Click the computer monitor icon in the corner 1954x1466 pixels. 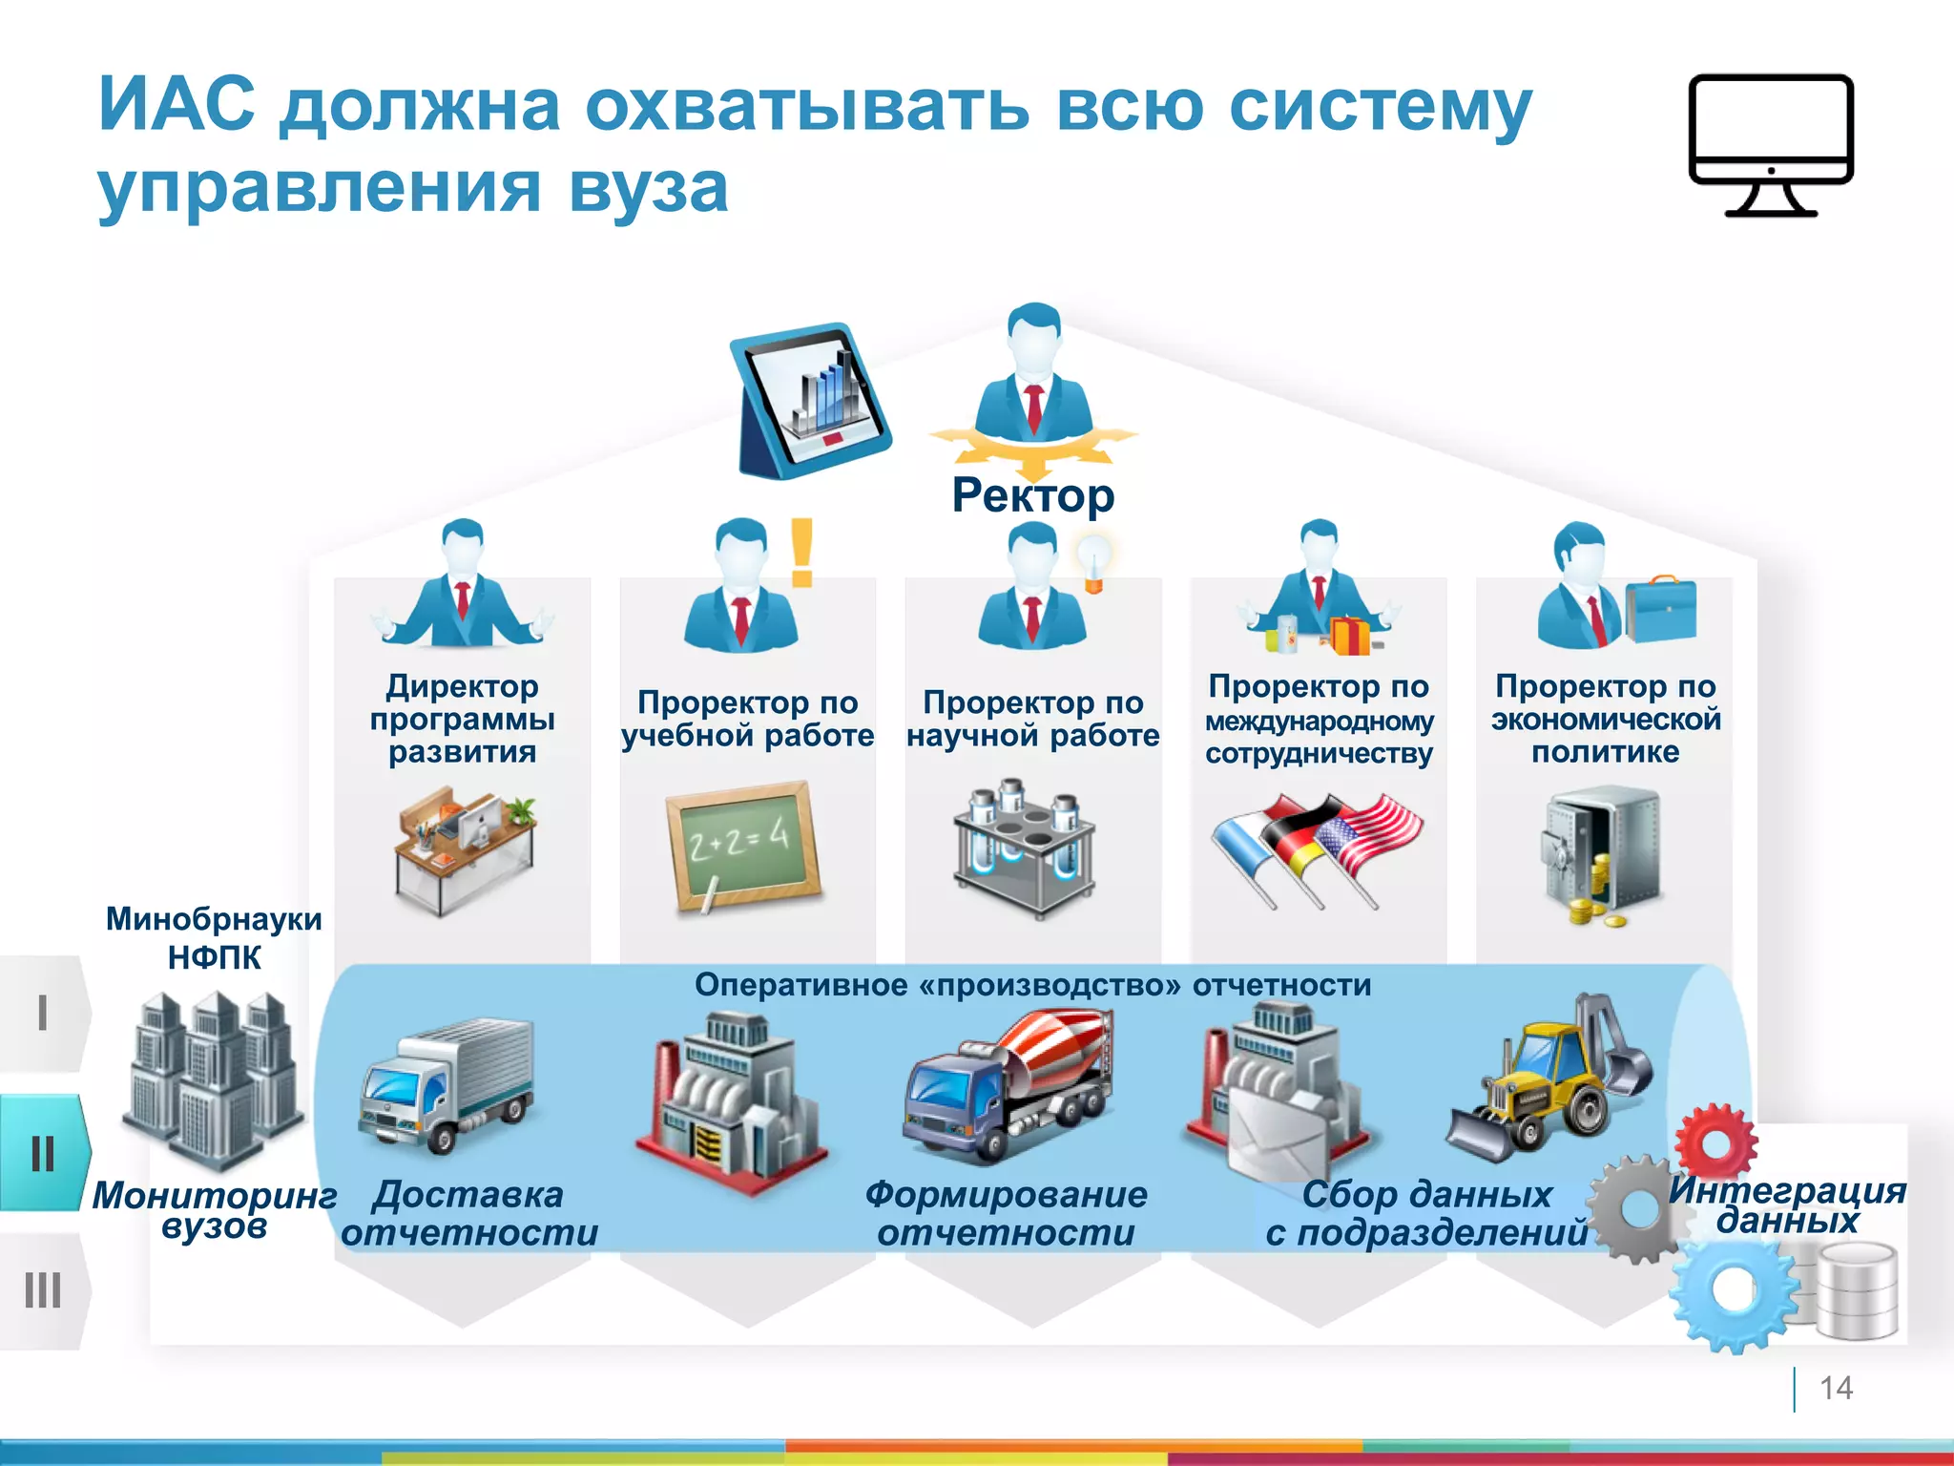click(x=1771, y=143)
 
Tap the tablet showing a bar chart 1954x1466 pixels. click(x=811, y=401)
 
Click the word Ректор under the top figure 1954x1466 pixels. click(x=1032, y=495)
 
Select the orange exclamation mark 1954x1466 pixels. click(x=801, y=553)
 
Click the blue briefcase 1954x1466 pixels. click(x=1661, y=610)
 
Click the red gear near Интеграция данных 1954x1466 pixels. click(x=1715, y=1141)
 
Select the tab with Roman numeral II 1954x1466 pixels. click(x=43, y=1153)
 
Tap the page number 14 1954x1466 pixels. click(x=1835, y=1388)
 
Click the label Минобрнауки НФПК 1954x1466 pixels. click(x=214, y=937)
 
